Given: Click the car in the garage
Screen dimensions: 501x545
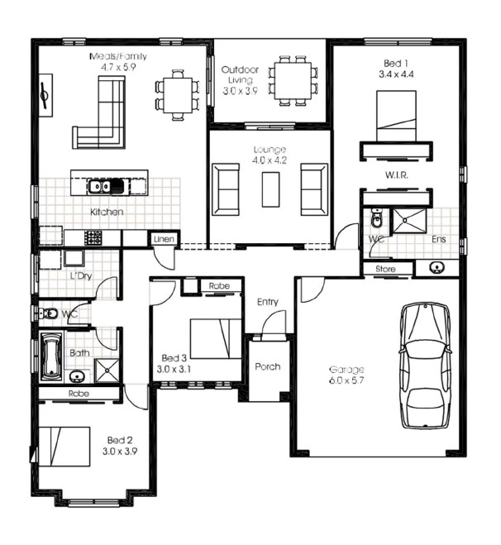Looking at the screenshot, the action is (x=426, y=366).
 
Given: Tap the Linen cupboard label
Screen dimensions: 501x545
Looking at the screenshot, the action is (x=164, y=239).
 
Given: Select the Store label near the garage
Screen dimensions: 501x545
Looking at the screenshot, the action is (x=385, y=269).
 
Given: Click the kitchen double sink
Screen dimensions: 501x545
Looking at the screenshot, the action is (x=106, y=187).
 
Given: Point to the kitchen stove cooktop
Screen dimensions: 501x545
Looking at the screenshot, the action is (x=93, y=238).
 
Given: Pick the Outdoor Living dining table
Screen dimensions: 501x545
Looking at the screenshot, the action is (x=293, y=81).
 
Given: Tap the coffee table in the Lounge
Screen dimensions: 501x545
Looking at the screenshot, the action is (x=270, y=189).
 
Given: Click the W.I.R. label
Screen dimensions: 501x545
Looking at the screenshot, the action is (x=397, y=174).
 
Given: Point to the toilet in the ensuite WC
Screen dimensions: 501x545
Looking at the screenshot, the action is (x=375, y=218).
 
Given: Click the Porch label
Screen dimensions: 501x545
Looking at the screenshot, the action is (x=268, y=366).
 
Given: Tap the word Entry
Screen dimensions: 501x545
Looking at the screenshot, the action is (x=268, y=302).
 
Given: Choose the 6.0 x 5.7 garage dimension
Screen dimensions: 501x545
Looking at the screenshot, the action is (x=346, y=380).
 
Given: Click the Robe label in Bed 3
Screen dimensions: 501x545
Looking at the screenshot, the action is (x=219, y=285).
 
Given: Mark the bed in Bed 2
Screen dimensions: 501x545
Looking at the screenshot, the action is (x=64, y=447).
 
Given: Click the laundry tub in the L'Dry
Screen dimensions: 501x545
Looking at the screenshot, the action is (x=74, y=258).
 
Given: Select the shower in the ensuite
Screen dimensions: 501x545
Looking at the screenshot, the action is (x=409, y=221).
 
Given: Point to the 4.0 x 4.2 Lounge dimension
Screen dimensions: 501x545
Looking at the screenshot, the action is (x=270, y=160).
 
